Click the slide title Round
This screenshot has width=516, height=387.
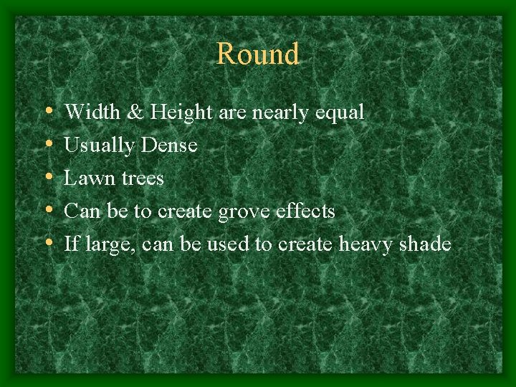coord(257,54)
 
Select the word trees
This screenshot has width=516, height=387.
coord(142,178)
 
